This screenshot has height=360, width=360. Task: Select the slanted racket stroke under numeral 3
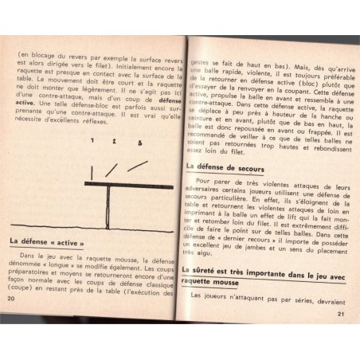(x=136, y=166)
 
